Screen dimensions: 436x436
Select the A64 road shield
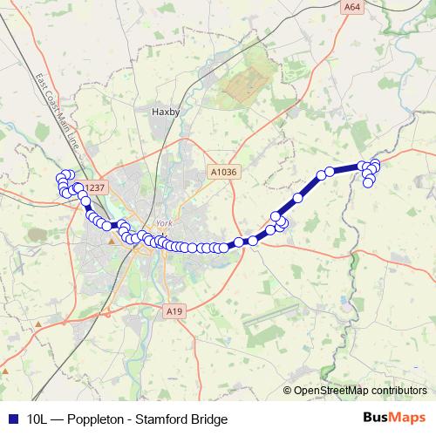pos(351,7)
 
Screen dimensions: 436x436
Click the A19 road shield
pos(174,310)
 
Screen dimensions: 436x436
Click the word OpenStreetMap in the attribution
pos(330,390)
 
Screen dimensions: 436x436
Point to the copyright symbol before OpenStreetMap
pos(289,390)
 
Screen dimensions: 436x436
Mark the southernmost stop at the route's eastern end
pos(369,182)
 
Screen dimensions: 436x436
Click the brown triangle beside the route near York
pos(111,242)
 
